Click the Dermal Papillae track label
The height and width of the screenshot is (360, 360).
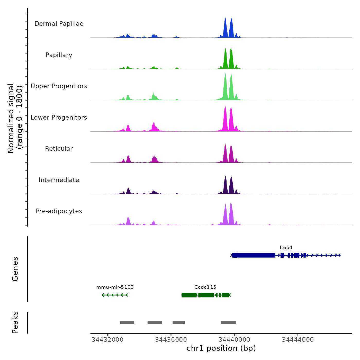click(x=59, y=24)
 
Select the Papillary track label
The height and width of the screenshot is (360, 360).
click(x=59, y=55)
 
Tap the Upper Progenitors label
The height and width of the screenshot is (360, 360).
click(x=59, y=86)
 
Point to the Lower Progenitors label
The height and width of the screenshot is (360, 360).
click(x=59, y=118)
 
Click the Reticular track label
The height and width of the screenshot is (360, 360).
click(x=59, y=149)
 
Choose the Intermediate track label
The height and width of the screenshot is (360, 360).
click(x=59, y=180)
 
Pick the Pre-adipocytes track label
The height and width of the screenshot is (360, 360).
click(x=59, y=211)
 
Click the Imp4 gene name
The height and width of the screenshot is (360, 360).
click(x=286, y=248)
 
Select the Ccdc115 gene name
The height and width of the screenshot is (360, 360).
click(x=205, y=287)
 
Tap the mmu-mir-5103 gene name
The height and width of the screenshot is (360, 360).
click(x=115, y=287)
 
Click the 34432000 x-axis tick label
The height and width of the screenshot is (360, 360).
click(x=107, y=340)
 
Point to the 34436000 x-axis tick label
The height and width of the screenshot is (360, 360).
click(x=171, y=340)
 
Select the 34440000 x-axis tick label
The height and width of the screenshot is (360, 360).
click(x=234, y=340)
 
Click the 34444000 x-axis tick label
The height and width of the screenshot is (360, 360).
click(x=298, y=340)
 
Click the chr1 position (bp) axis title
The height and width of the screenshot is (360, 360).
click(x=221, y=348)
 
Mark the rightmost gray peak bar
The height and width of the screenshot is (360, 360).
click(x=229, y=323)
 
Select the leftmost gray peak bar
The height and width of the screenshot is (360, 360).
click(x=127, y=323)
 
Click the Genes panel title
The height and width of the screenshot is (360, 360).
click(x=15, y=269)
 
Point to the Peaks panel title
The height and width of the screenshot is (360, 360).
click(x=15, y=322)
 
